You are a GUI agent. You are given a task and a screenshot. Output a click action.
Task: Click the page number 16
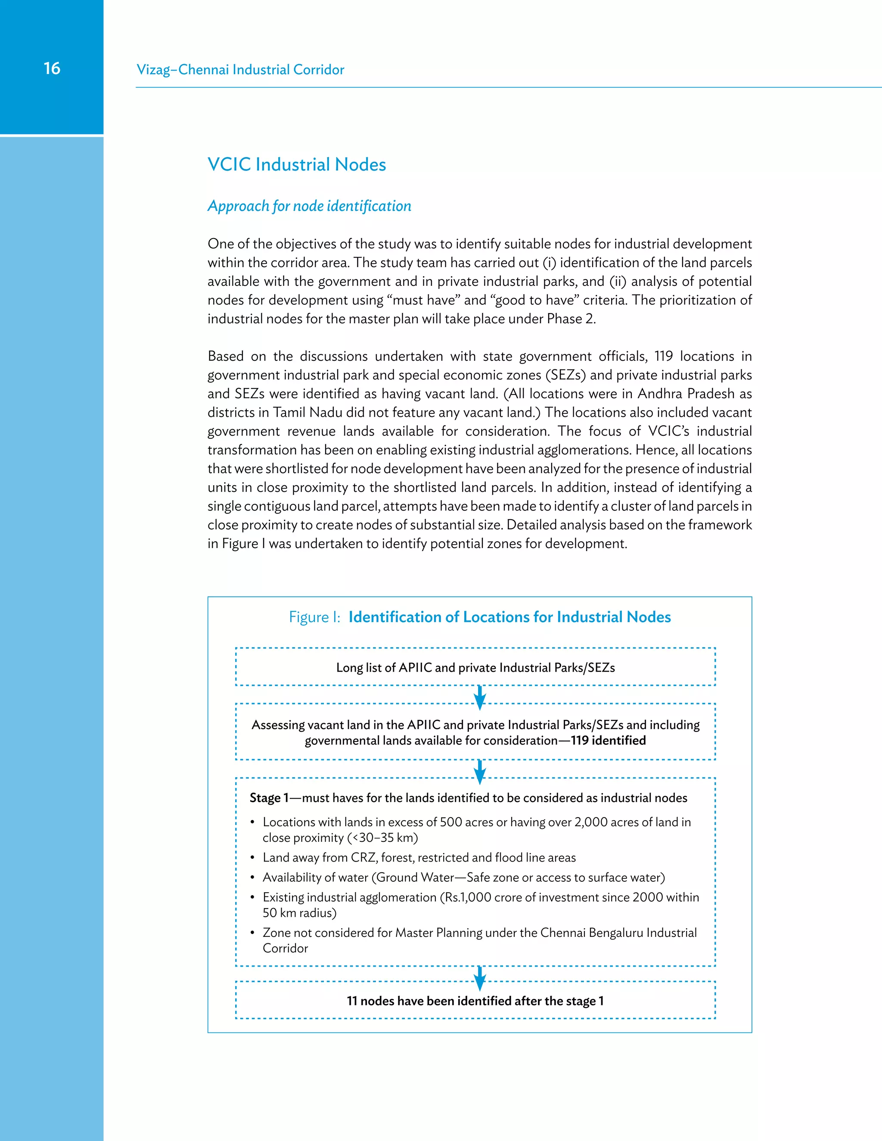(x=52, y=68)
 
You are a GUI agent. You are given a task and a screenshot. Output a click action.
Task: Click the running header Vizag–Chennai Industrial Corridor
(x=240, y=69)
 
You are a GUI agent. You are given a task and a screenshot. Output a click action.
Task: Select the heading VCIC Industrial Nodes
(x=296, y=164)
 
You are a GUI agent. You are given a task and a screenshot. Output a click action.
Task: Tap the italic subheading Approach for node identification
(x=309, y=206)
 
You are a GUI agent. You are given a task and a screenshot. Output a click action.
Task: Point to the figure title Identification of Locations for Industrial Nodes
(x=509, y=617)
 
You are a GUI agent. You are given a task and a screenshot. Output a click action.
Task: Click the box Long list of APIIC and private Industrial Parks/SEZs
(x=475, y=667)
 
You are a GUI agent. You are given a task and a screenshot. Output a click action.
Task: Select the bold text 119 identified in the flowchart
(x=608, y=740)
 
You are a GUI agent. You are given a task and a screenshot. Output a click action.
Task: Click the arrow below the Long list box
(x=480, y=697)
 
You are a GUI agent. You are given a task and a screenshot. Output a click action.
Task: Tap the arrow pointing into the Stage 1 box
(x=480, y=772)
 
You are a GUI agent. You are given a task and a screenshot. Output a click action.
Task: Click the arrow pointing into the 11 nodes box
(x=480, y=978)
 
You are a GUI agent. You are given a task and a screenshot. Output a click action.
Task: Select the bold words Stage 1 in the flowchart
(x=269, y=798)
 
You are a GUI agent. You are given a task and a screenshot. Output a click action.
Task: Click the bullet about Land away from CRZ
(x=419, y=857)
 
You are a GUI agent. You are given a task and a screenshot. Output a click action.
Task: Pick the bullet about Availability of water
(x=463, y=877)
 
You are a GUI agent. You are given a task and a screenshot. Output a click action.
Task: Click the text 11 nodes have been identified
(x=475, y=1001)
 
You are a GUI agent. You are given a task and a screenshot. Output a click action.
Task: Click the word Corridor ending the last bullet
(x=285, y=948)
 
